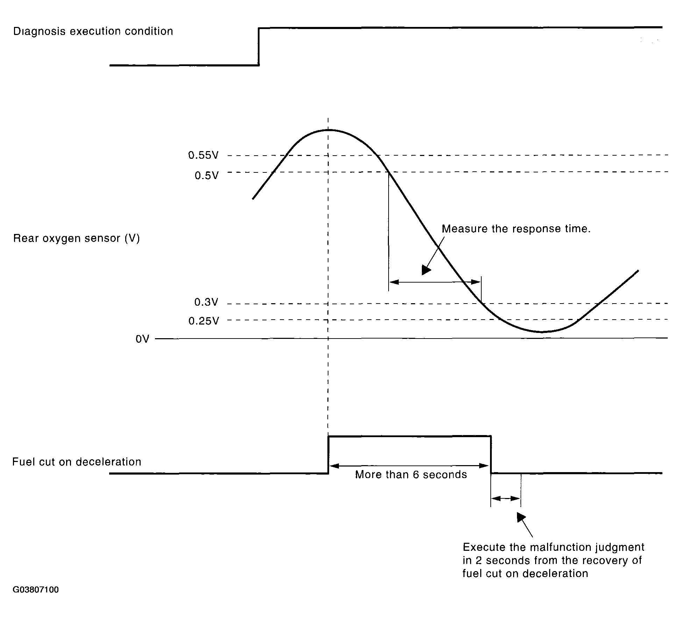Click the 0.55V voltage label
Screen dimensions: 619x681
(203, 155)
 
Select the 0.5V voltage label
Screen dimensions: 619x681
(206, 176)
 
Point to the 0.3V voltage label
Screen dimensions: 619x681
(206, 302)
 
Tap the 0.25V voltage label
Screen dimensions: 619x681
(204, 321)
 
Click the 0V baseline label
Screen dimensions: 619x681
(142, 339)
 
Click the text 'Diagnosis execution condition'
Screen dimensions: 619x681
(93, 31)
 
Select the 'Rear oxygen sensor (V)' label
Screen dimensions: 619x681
(76, 239)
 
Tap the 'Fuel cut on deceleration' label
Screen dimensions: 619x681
(77, 462)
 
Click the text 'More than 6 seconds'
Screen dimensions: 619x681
(411, 475)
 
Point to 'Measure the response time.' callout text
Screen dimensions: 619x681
(516, 229)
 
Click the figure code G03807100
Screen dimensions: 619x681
(36, 590)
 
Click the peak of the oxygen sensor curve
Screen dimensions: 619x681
(328, 130)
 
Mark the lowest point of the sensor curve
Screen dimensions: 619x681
(541, 332)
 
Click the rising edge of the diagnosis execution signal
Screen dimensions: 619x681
(259, 47)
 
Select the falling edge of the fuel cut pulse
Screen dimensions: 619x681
(491, 455)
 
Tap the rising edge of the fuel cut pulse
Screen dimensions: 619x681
(328, 455)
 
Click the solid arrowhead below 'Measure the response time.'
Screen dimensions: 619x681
(426, 270)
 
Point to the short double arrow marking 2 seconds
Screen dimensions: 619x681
(506, 498)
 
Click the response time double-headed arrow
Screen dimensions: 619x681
(435, 282)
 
